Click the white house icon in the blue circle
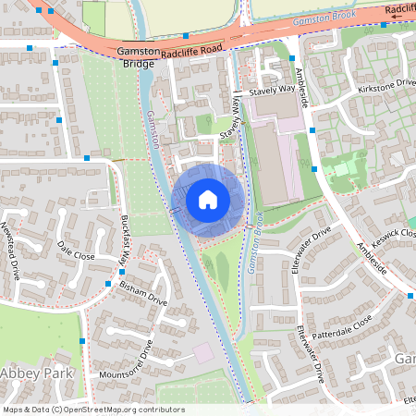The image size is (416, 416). click(208, 199)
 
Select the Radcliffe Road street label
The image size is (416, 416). click(192, 54)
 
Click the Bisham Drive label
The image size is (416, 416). click(143, 294)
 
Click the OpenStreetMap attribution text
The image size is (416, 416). click(93, 410)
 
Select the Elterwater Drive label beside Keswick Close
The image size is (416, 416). click(310, 246)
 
